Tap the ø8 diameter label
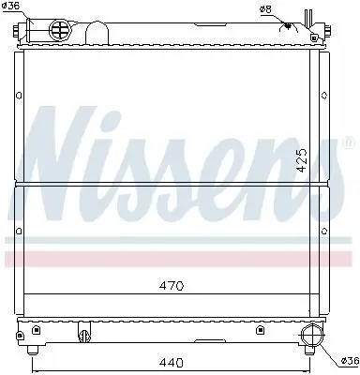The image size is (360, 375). click(x=267, y=9)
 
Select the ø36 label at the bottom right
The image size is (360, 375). click(x=349, y=359)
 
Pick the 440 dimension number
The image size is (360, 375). click(x=169, y=359)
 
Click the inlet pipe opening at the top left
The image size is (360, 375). click(x=22, y=30)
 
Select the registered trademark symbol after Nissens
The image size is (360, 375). click(x=349, y=142)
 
